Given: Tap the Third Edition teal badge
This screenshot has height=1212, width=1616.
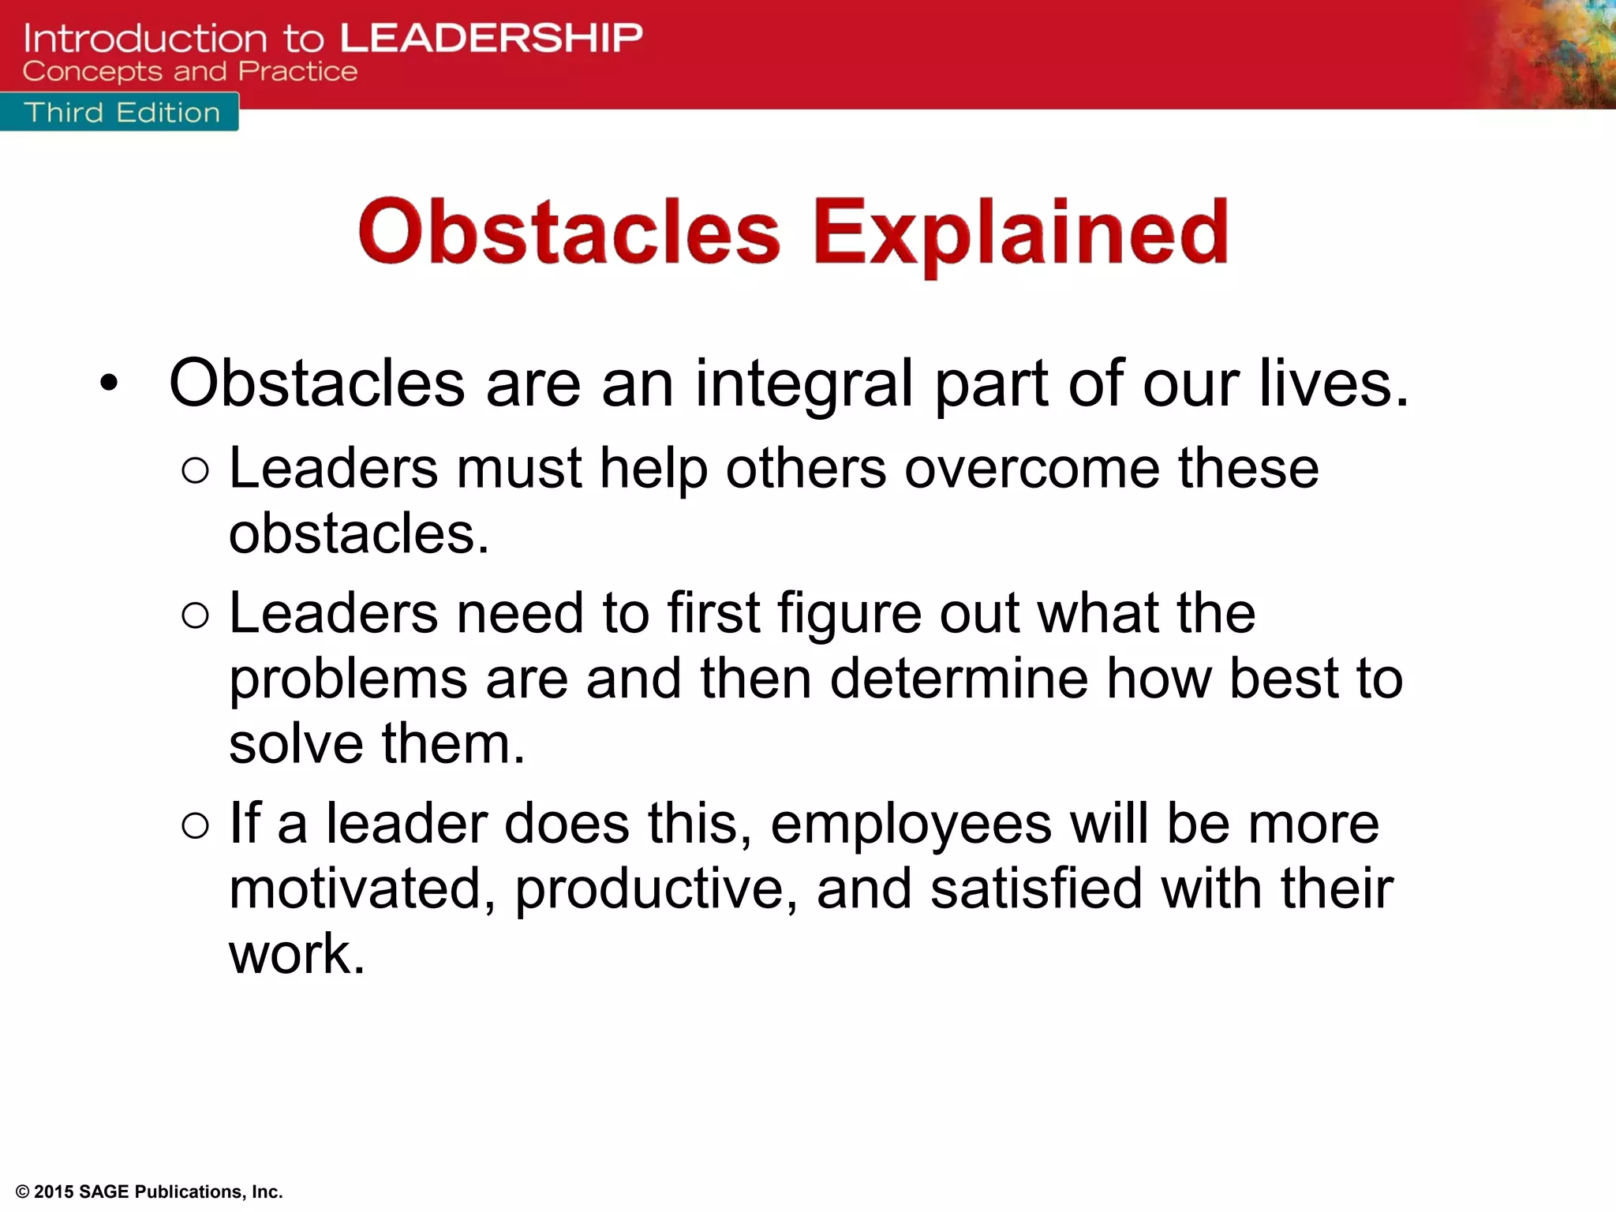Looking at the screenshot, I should tap(121, 112).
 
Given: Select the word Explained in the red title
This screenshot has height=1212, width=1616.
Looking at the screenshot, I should tap(1020, 233).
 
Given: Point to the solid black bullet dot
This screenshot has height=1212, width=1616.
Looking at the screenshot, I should tap(109, 384).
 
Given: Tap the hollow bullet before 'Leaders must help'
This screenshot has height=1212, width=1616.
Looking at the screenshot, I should tap(195, 471).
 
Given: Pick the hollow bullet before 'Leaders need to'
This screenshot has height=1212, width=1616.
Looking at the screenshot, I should tap(195, 615).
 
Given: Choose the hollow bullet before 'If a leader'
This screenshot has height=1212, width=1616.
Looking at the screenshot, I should tap(195, 826).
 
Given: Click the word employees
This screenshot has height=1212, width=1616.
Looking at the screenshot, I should tap(911, 825).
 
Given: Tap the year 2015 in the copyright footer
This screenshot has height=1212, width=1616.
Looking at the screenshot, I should tap(54, 1191).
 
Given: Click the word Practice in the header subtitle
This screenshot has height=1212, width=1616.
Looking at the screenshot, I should tap(298, 72).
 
